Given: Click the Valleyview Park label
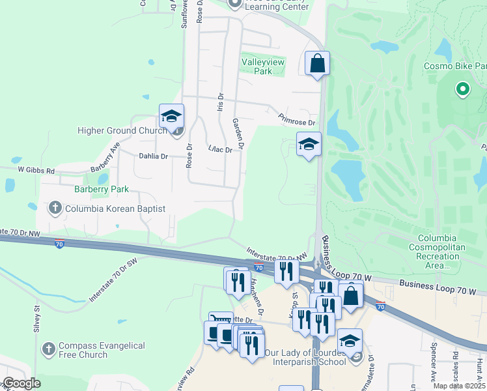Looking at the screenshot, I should click(257, 66).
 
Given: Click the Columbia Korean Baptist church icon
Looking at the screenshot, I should click(55, 209).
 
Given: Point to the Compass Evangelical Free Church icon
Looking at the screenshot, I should click(48, 350).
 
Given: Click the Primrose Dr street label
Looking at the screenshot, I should click(296, 118).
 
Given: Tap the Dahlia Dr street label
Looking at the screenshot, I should click(154, 156).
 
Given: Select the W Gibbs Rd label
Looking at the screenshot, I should click(36, 170).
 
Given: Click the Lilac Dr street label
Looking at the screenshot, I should click(219, 150).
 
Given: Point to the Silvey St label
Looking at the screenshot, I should click(38, 319).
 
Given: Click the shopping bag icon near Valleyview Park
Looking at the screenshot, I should click(317, 63).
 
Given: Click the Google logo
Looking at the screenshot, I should click(21, 384).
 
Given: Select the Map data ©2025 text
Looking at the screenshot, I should click(459, 386).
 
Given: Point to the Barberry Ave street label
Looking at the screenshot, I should click(105, 156).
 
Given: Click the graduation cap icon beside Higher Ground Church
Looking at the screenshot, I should click(171, 116).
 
